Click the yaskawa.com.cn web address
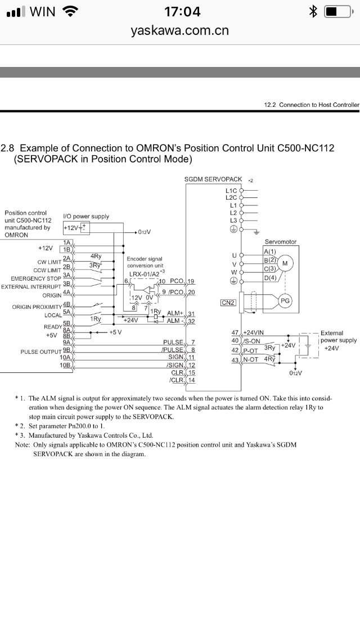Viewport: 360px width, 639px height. (180, 30)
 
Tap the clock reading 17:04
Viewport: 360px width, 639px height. (182, 11)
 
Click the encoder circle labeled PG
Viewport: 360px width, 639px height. (285, 301)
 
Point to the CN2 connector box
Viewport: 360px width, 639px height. (228, 303)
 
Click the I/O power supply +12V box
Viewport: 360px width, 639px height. (76, 227)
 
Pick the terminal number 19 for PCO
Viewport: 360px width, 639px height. (191, 281)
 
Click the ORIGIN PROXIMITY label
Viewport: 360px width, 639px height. (37, 307)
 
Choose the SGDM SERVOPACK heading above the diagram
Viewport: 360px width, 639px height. (213, 179)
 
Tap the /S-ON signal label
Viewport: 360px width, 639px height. (251, 341)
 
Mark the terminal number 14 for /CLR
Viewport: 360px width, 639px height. (191, 380)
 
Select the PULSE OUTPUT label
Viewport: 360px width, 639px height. (40, 352)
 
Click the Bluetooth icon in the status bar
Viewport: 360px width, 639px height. (314, 11)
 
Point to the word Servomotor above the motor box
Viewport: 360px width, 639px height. (280, 242)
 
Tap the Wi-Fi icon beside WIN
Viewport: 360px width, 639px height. (70, 11)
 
